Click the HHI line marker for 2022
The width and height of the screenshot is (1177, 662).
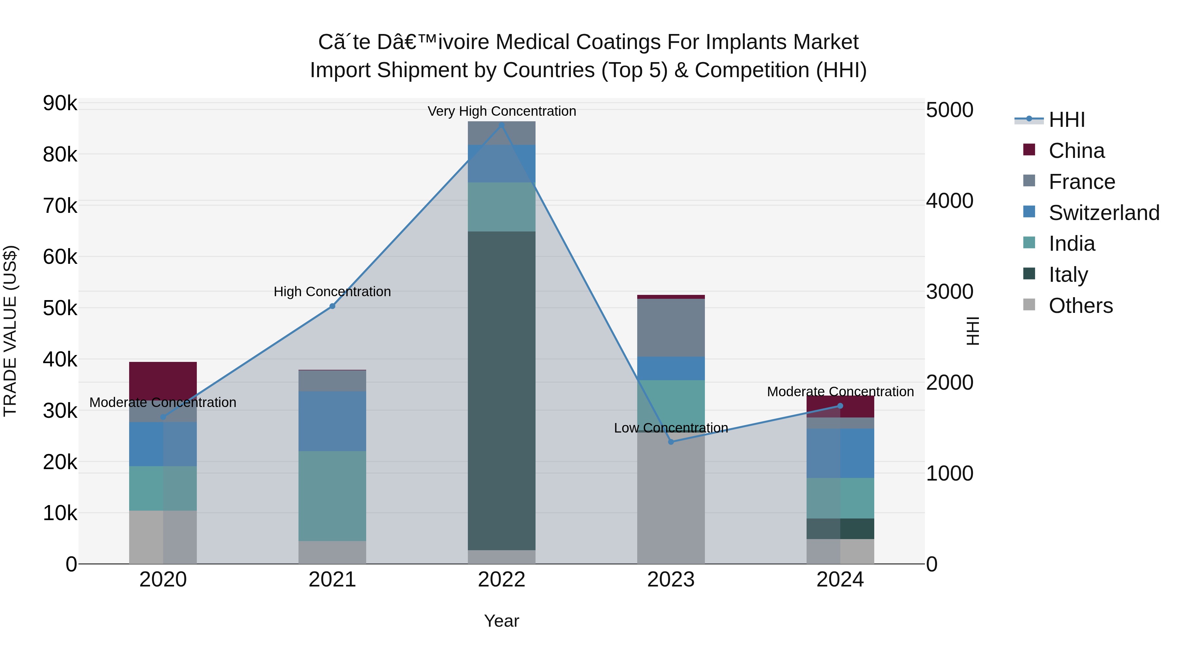(x=501, y=125)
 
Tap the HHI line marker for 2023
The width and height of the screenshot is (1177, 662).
(x=671, y=442)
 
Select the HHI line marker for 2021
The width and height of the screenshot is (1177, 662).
(x=332, y=306)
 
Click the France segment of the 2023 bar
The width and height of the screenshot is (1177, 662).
(x=671, y=328)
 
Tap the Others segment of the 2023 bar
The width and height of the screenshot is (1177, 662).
(x=671, y=498)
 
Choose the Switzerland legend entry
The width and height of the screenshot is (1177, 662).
(x=1103, y=213)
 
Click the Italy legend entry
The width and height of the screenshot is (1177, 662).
(x=1068, y=275)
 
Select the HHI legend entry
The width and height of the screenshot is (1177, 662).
(x=1066, y=120)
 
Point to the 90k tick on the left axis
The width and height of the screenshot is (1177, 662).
(x=60, y=103)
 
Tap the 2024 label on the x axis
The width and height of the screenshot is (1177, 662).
(x=840, y=580)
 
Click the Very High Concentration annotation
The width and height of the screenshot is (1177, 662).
(x=502, y=111)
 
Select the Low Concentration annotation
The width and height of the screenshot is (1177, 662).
(x=671, y=428)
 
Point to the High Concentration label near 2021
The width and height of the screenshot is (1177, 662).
(x=332, y=292)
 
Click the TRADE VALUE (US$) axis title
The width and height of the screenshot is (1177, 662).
(x=10, y=331)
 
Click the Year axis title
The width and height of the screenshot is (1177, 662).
(x=501, y=621)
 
